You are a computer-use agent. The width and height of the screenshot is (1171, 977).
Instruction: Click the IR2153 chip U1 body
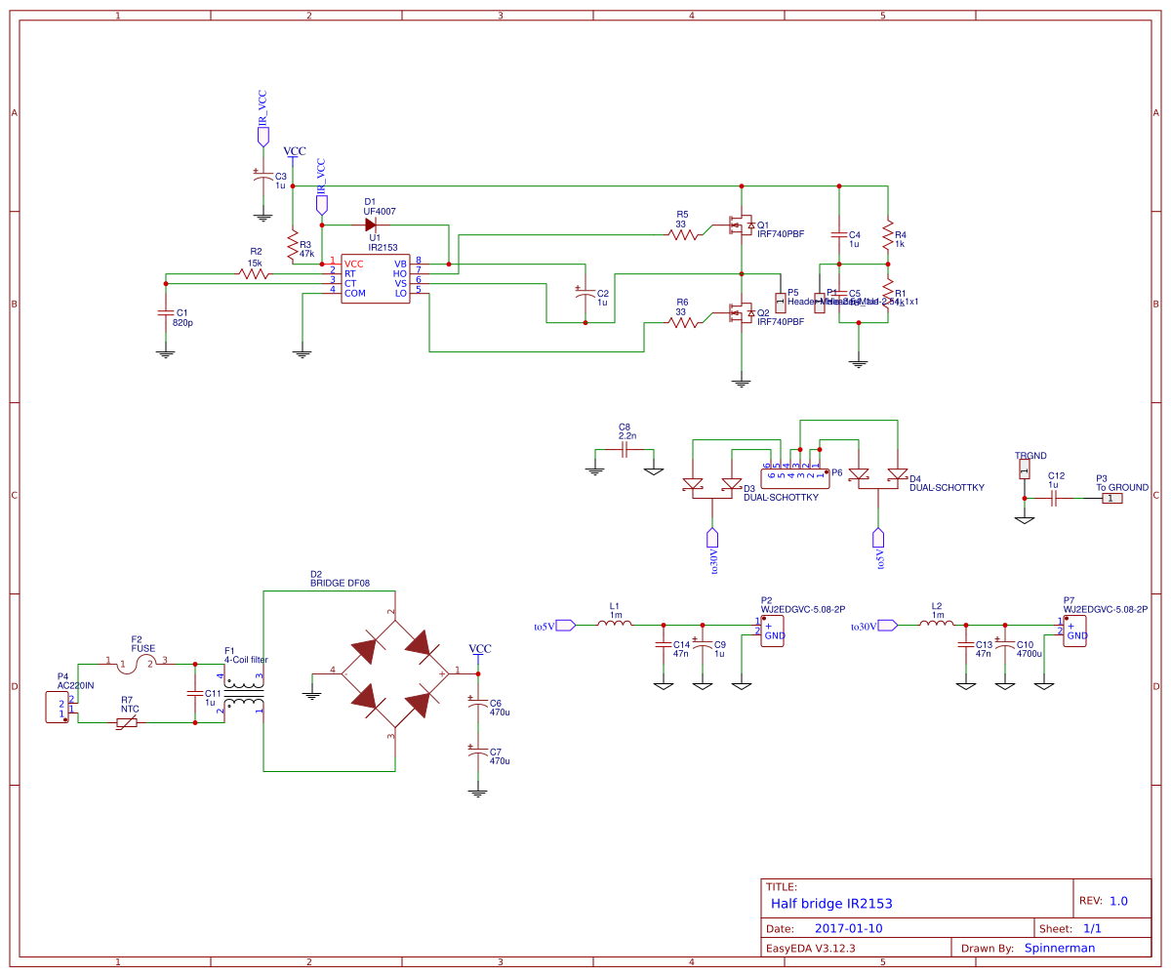point(375,278)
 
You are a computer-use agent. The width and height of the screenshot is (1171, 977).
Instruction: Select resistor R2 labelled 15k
point(256,274)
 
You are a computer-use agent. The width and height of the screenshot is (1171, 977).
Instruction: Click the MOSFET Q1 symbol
point(741,225)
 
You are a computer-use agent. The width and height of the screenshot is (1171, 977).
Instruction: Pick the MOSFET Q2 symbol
point(741,313)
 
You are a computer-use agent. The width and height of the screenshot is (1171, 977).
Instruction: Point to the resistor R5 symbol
point(684,233)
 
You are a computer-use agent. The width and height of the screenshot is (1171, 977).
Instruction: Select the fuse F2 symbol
point(137,664)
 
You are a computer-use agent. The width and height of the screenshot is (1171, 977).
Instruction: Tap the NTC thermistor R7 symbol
point(127,722)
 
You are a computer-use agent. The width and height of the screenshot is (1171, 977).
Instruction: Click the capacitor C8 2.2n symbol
point(625,449)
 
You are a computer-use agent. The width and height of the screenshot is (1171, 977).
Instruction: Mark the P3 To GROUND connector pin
point(1111,498)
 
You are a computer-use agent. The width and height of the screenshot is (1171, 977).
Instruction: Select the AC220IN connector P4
point(58,707)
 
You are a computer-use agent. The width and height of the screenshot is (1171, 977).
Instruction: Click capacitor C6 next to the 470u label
point(477,704)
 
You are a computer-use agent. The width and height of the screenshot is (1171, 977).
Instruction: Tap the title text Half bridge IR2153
point(830,904)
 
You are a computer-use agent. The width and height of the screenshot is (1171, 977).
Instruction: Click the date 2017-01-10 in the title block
point(848,928)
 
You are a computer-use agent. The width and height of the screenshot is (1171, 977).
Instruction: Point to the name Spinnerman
point(1059,948)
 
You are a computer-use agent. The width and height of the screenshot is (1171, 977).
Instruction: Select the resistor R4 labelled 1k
point(888,235)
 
